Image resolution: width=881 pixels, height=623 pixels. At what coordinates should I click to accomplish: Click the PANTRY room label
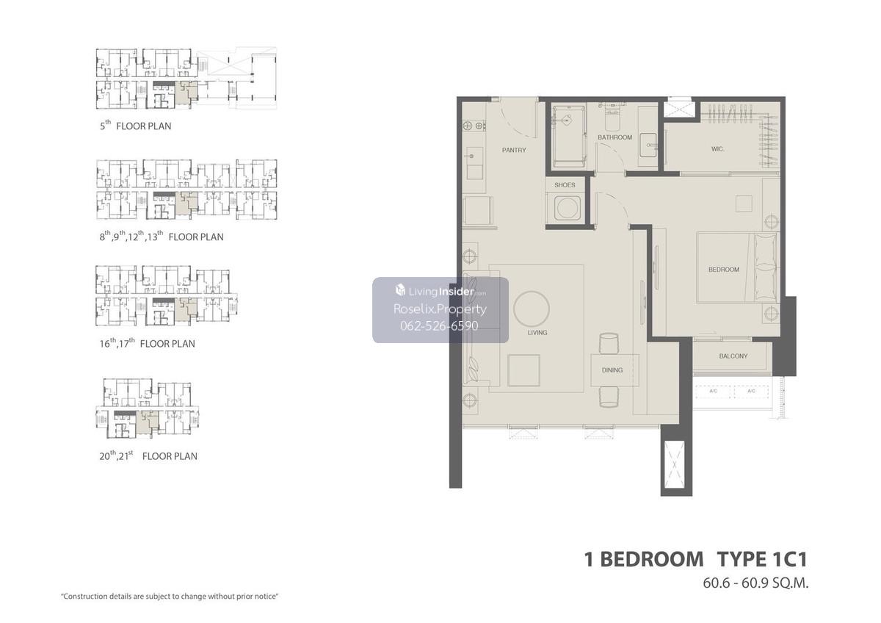click(514, 150)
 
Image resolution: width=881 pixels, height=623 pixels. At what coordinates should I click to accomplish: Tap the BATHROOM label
click(614, 137)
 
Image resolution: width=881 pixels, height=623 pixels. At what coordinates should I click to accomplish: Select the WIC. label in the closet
click(717, 149)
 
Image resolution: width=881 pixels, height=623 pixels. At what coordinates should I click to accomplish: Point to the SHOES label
click(565, 185)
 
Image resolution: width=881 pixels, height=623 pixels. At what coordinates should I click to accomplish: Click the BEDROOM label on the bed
click(724, 270)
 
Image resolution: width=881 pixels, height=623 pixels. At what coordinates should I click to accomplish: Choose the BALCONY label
click(733, 356)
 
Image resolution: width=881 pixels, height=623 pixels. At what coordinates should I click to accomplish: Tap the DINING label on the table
click(612, 370)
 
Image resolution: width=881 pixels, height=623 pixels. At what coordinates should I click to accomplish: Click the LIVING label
click(537, 333)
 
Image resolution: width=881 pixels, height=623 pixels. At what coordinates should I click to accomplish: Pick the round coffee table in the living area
click(532, 309)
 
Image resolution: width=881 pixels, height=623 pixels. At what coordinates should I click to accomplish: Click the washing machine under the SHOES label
click(567, 208)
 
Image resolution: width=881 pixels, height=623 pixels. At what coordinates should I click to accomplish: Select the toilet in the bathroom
click(612, 118)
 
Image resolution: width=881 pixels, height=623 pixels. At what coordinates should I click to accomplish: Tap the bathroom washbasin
click(648, 145)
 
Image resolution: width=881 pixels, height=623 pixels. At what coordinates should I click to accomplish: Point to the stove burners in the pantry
click(474, 126)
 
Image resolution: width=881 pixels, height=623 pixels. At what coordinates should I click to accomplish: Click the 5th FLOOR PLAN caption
click(135, 126)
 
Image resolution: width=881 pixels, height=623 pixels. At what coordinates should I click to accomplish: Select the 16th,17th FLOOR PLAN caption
click(147, 343)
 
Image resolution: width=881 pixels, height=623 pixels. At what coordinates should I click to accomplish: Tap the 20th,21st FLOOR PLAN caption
click(148, 455)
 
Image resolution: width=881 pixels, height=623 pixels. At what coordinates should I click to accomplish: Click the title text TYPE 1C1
click(762, 559)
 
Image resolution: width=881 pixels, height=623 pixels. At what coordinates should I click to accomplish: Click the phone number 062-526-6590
click(439, 326)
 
